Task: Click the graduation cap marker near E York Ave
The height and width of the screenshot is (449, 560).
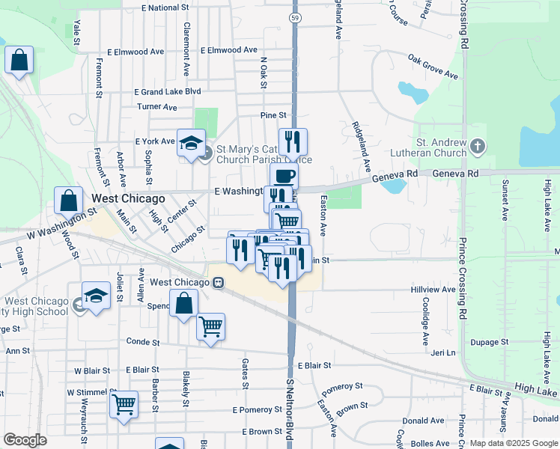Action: [191, 142]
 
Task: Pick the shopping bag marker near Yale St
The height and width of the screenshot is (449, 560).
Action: [19, 60]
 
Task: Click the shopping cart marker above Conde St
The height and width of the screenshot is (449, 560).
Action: [211, 326]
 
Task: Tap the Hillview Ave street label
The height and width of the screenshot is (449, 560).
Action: [433, 290]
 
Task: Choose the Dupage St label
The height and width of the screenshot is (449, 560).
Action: [490, 342]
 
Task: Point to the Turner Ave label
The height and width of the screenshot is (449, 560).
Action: [156, 107]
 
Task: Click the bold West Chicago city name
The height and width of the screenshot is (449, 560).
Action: [127, 199]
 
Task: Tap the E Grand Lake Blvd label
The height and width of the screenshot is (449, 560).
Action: [168, 91]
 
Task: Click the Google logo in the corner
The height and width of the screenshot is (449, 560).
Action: [25, 440]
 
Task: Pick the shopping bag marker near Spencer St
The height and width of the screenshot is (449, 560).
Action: [183, 304]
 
